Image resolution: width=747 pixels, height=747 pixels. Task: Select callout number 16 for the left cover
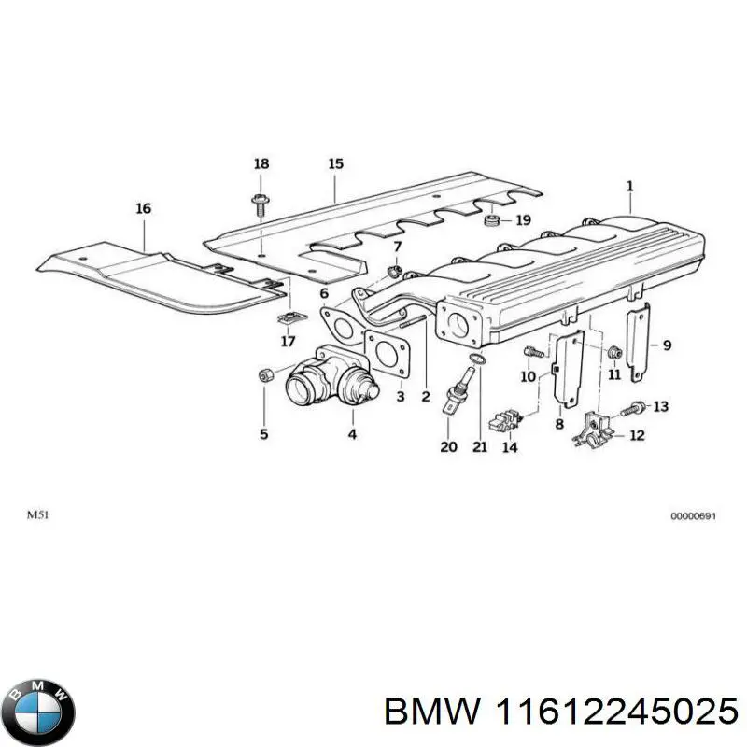pyautogui.click(x=143, y=209)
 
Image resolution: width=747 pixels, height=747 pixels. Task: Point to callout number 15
pyautogui.click(x=335, y=165)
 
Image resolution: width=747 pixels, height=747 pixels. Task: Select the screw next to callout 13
pyautogui.click(x=637, y=406)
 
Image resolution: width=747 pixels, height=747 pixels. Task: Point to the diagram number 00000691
pyautogui.click(x=693, y=516)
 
